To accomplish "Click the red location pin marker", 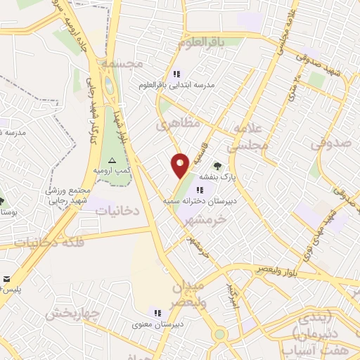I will (x=180, y=165).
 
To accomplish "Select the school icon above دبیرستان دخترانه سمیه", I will (x=200, y=190).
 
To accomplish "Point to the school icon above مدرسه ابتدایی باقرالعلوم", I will (x=176, y=74).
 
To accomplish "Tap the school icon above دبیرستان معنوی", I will (x=157, y=314).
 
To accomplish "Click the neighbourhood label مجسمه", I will (x=122, y=63).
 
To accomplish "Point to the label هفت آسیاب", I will (x=317, y=348).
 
